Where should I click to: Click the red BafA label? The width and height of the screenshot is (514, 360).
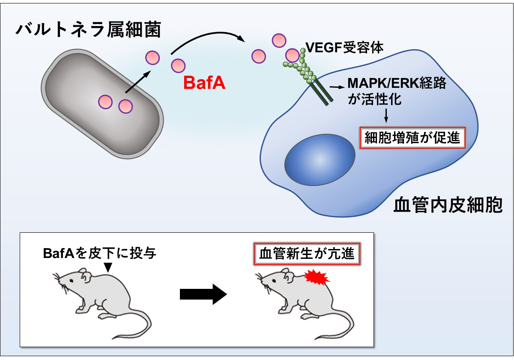click(204, 83)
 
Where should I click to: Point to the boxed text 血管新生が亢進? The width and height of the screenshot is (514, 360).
click(307, 254)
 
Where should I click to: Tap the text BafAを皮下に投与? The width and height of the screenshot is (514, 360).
click(99, 254)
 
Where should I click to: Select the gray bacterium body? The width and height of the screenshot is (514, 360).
click(103, 103)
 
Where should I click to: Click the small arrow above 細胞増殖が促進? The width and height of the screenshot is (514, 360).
click(387, 114)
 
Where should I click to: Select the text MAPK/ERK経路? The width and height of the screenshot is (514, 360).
click(397, 83)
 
